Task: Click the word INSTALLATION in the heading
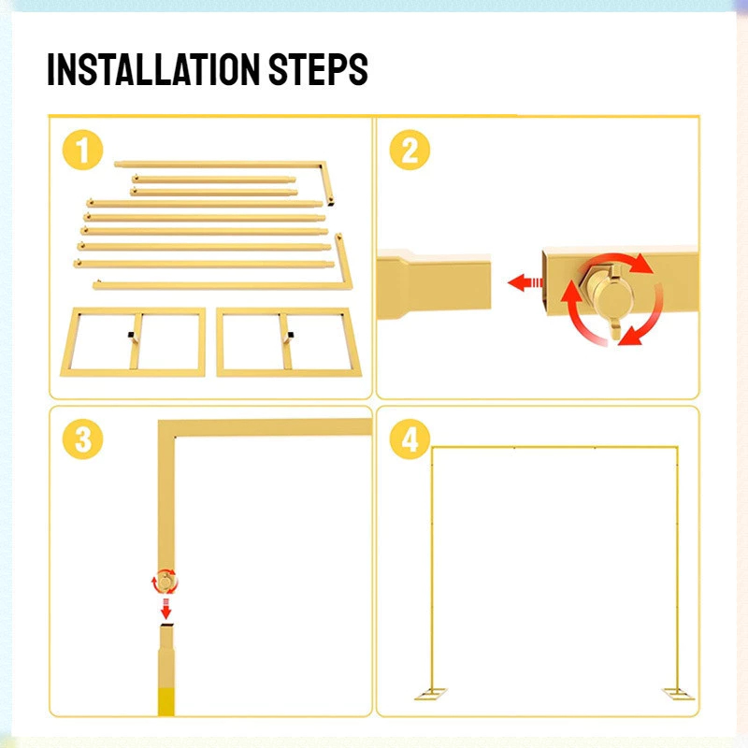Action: [x=153, y=69]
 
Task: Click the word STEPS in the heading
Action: [x=318, y=69]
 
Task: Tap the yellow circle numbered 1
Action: [x=83, y=150]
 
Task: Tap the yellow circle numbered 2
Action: [x=410, y=150]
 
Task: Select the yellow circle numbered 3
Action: [x=83, y=439]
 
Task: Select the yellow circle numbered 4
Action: [x=410, y=439]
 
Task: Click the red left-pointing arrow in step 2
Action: [x=525, y=282]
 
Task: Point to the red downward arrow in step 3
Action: [x=165, y=609]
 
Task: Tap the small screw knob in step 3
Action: [x=165, y=582]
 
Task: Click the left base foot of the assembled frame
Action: [x=431, y=694]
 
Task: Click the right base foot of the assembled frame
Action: [x=678, y=694]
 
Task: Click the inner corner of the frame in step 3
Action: [x=175, y=436]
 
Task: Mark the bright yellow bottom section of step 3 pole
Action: [x=166, y=701]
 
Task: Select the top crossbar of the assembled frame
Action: [x=554, y=448]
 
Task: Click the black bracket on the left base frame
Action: [x=131, y=335]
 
